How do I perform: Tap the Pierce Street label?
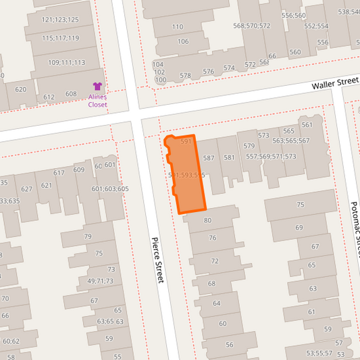(x=157, y=260)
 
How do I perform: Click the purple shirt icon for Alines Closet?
(x=97, y=86)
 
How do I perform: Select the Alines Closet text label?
(x=97, y=101)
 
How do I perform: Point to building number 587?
(x=208, y=158)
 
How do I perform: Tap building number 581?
(x=229, y=158)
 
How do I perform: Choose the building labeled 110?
(x=178, y=27)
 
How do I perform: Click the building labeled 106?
(x=183, y=42)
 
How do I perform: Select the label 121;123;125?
(x=59, y=20)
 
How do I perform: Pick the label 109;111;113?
(x=66, y=63)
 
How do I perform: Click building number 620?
(x=20, y=89)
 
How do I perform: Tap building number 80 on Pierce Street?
(x=208, y=220)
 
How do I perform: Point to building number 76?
(x=212, y=238)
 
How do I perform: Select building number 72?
(x=215, y=261)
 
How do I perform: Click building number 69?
(x=299, y=228)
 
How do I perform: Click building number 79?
(x=88, y=236)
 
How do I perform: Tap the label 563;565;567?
(x=290, y=141)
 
